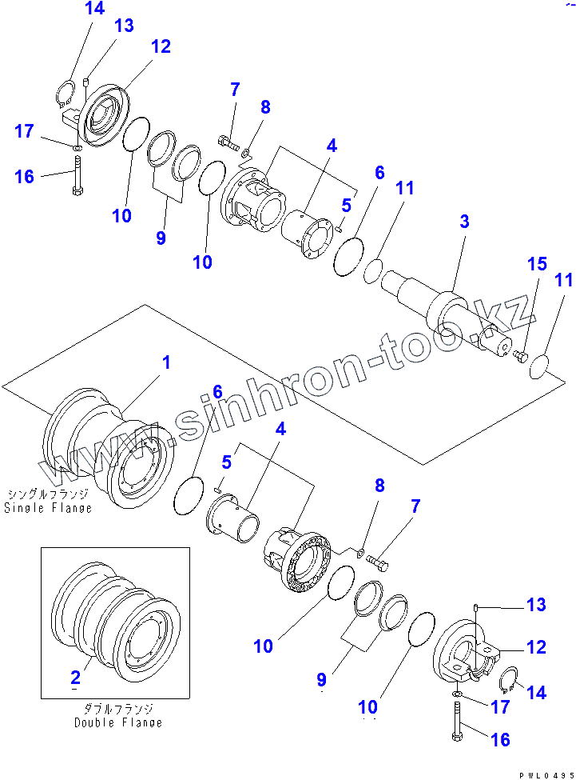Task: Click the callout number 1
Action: point(166,363)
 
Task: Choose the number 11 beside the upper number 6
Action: point(405,189)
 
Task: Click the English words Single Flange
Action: point(48,508)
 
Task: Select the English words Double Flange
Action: point(118,722)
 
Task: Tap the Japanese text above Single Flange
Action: point(48,494)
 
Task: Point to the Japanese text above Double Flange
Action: point(118,709)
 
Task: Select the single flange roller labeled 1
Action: point(108,448)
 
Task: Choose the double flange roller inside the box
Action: point(116,616)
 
